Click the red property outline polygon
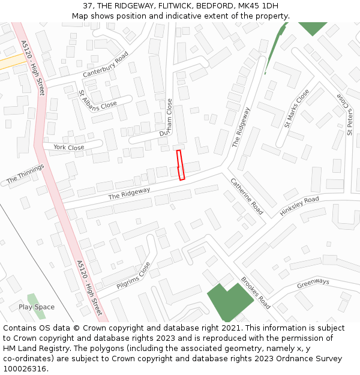[x=181, y=165]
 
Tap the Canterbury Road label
[x=106, y=65]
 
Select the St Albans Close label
[x=98, y=100]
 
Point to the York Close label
[x=68, y=147]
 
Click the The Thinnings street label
[x=25, y=173]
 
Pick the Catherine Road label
[x=247, y=196]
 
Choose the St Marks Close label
[x=297, y=109]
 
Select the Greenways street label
[x=313, y=282]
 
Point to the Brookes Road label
[x=256, y=293]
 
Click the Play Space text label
[x=36, y=307]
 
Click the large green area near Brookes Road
[x=228, y=300]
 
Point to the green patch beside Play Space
[x=32, y=298]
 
